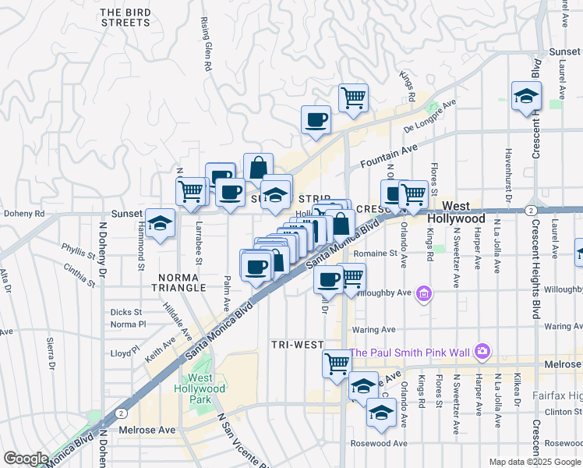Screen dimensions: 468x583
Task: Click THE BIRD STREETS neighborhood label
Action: (125, 17)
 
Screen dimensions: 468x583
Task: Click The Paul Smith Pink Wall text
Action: (410, 353)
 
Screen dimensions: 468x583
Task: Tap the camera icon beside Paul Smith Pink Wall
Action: (482, 353)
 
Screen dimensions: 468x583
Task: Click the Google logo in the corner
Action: (26, 459)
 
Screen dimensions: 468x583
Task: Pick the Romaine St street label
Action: (375, 253)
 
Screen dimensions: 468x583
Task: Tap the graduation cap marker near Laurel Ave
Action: (526, 97)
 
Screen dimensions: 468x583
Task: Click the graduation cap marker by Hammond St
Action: (160, 225)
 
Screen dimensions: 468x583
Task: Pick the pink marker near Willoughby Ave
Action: (423, 294)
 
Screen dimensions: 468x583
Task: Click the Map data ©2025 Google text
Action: (535, 462)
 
